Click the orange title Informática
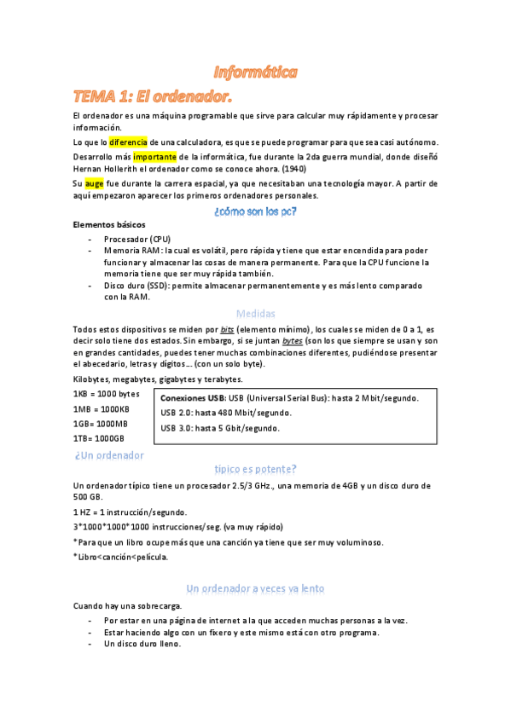point(255,73)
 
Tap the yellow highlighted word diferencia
point(128,142)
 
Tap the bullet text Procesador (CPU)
point(136,239)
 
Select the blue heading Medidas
point(255,313)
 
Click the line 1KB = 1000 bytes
point(106,394)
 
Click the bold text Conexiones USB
point(191,398)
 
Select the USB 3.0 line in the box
point(219,428)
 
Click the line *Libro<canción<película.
point(120,557)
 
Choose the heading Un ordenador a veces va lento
point(255,588)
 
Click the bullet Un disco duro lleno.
point(142,645)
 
